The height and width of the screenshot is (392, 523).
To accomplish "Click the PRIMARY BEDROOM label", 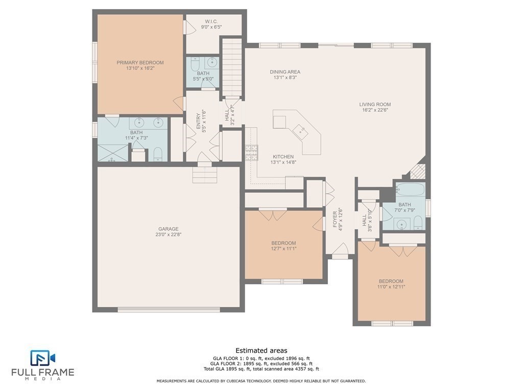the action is pos(140,62).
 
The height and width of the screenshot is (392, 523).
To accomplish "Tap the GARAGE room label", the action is pos(169,229).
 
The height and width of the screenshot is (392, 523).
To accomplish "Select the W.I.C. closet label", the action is pos(211,21).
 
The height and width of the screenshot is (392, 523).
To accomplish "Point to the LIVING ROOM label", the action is pos(375,104).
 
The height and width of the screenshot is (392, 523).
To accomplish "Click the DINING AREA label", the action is pos(285,71).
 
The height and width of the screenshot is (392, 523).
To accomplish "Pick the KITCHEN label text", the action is pos(283,157).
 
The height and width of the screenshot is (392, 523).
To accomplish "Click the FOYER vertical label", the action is pos(335,219).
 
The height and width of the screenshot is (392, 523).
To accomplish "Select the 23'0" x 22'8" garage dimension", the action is pos(169,234).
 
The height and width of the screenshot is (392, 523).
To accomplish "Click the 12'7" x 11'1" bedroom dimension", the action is pos(283,249).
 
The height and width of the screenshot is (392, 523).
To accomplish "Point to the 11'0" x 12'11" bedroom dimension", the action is pos(391,286).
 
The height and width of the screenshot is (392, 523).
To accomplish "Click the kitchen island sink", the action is pos(301,131).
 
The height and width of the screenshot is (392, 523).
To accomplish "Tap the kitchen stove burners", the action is pos(251,153).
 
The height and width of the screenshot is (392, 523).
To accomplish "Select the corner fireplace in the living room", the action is pos(419,171).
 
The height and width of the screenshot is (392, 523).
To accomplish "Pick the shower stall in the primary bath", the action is pos(113,153).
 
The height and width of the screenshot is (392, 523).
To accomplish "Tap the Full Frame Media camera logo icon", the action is pos(43,358).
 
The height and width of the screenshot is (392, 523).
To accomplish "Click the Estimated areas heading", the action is pos(261,350).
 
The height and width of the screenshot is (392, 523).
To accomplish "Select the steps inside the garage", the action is pos(205,175).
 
